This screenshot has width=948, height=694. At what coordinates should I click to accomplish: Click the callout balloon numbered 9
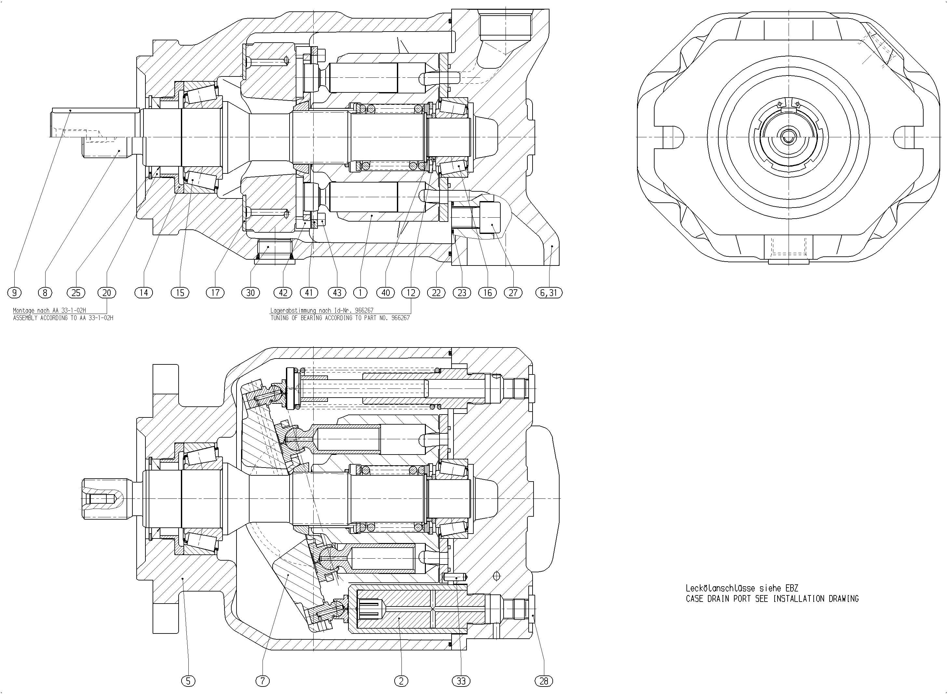pyautogui.click(x=14, y=293)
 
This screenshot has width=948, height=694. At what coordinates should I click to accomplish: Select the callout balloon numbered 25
pyautogui.click(x=76, y=293)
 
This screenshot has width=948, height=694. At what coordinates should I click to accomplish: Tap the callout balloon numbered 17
pyautogui.click(x=215, y=293)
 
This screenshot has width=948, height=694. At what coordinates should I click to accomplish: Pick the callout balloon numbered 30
pyautogui.click(x=251, y=293)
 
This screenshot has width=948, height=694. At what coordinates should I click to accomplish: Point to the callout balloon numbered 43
pyautogui.click(x=337, y=293)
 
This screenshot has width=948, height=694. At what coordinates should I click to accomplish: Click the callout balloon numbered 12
pyautogui.click(x=411, y=293)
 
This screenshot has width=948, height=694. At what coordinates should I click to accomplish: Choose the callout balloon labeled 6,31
pyautogui.click(x=549, y=293)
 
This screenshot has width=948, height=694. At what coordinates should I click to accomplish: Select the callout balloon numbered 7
pyautogui.click(x=263, y=681)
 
